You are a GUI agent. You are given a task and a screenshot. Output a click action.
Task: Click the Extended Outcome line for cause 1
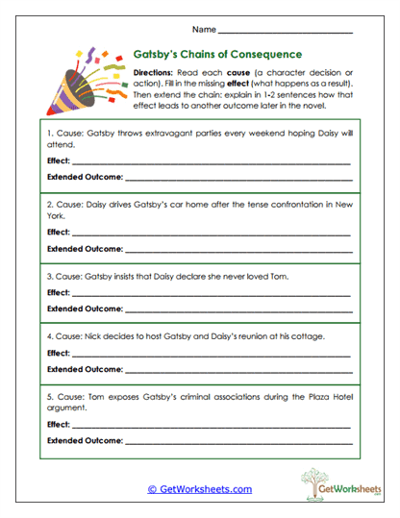point(238,179)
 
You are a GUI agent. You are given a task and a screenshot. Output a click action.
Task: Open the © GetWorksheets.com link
point(200,489)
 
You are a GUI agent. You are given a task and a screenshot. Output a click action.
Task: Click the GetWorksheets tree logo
point(320,483)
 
